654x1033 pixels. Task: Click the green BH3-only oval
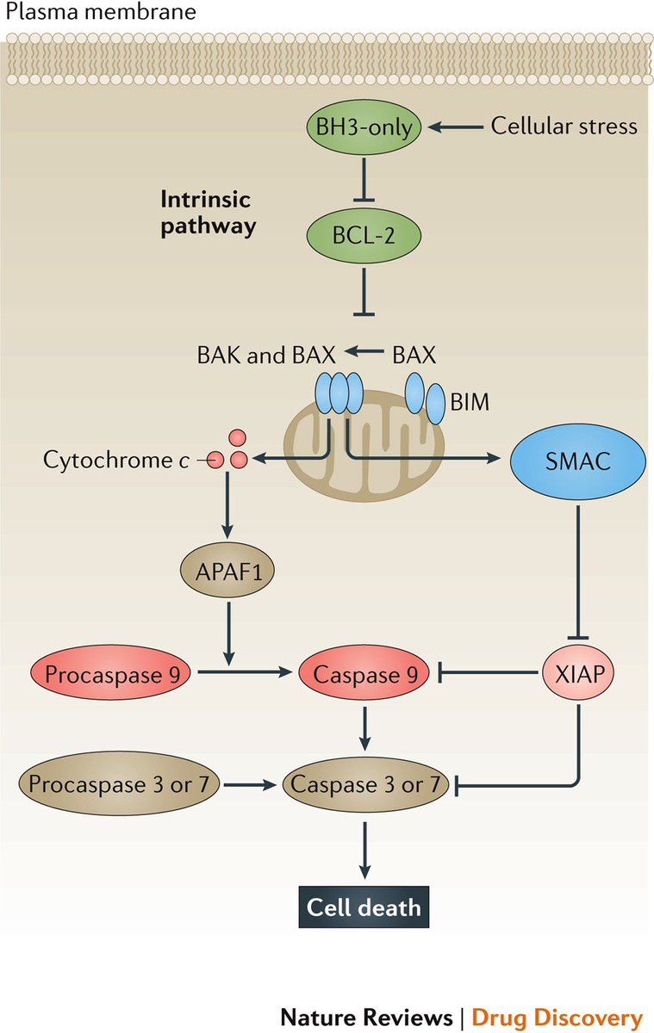(x=364, y=127)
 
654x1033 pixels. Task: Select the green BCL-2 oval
(x=364, y=236)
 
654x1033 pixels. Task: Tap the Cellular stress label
(x=564, y=126)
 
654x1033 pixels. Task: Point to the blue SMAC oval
(x=578, y=461)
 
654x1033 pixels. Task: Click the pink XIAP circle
(x=578, y=674)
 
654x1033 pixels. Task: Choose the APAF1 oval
(x=227, y=572)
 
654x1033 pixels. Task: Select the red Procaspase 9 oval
(x=111, y=674)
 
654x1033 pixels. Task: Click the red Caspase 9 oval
(x=364, y=674)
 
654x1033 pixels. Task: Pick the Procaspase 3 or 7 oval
(x=119, y=783)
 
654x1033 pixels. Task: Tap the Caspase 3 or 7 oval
(x=365, y=783)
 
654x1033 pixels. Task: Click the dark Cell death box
(x=364, y=907)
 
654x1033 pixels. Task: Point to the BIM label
(x=470, y=402)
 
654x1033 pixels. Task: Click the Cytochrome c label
(x=116, y=461)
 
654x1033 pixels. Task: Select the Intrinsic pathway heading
(x=209, y=213)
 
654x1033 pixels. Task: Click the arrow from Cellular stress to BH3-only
(x=456, y=127)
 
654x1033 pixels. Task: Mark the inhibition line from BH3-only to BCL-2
(x=364, y=180)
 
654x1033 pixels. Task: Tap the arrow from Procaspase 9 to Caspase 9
(x=246, y=672)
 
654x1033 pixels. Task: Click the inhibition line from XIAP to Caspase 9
(x=488, y=673)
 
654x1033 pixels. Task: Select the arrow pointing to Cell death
(x=364, y=850)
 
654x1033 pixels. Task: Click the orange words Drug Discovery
(x=557, y=1017)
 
